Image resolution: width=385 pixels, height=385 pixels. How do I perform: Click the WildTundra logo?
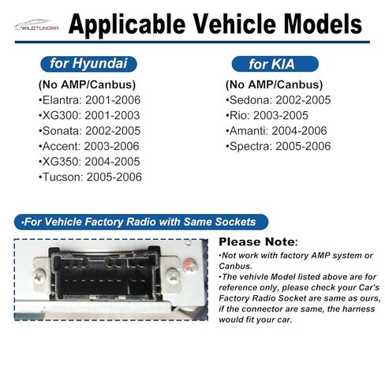(x=36, y=25)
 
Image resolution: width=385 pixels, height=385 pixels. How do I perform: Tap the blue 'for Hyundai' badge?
(x=88, y=64)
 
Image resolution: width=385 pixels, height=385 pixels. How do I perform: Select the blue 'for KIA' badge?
(x=275, y=64)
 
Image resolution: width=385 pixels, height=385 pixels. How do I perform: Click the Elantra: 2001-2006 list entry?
(x=89, y=100)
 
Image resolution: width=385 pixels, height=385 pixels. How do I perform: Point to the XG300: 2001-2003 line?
(x=89, y=115)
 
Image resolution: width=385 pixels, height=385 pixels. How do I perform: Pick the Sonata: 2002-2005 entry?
(x=89, y=131)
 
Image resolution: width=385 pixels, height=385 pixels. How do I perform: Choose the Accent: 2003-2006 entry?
(x=89, y=146)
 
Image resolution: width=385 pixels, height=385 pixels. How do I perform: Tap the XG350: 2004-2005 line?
(x=89, y=162)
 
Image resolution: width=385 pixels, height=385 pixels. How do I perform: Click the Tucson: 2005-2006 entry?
(x=90, y=177)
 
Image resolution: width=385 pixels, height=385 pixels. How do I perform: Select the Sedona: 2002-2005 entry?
(x=278, y=100)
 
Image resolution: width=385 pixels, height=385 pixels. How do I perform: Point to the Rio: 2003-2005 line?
(x=267, y=115)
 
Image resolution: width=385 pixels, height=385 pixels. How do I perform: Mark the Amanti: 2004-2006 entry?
(x=276, y=131)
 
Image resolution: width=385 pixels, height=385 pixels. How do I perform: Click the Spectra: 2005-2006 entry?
(x=278, y=146)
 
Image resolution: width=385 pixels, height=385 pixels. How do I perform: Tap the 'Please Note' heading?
(x=258, y=241)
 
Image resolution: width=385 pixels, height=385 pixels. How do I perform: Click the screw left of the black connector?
(x=39, y=276)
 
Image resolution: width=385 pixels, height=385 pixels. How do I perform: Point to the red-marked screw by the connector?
(x=190, y=266)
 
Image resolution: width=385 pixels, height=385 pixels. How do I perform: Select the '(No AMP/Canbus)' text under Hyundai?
(x=87, y=84)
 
